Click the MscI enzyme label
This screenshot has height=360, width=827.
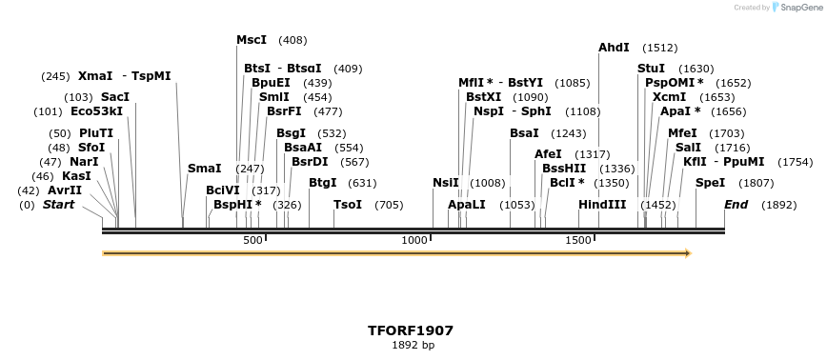click(252, 40)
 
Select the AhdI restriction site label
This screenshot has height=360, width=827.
click(614, 47)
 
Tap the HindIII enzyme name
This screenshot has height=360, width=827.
click(602, 204)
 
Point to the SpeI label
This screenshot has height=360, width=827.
click(710, 183)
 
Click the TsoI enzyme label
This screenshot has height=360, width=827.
click(347, 204)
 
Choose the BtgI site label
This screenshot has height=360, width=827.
click(322, 183)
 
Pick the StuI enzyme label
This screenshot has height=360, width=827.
click(651, 69)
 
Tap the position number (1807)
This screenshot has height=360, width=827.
click(756, 183)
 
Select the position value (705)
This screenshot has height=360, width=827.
click(388, 204)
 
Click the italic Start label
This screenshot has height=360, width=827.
click(58, 204)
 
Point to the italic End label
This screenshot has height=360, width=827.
click(736, 204)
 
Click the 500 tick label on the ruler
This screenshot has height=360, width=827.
click(252, 240)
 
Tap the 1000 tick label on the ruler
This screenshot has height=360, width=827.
click(414, 240)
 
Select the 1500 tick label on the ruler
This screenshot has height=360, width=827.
click(579, 240)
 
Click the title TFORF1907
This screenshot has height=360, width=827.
click(411, 330)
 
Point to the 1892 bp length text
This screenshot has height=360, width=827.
click(413, 345)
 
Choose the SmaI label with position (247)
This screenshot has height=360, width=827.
click(204, 169)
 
